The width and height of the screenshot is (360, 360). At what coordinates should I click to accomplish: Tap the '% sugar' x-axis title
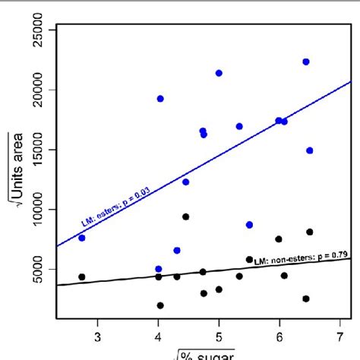(201, 354)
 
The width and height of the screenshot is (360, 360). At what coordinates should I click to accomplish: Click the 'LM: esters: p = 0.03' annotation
(116, 211)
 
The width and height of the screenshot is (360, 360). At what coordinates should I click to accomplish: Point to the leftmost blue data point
(82, 238)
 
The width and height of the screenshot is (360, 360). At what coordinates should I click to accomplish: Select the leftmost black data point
(82, 277)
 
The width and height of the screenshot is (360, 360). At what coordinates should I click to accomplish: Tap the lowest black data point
(160, 305)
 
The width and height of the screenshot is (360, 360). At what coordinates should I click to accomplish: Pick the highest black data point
(185, 216)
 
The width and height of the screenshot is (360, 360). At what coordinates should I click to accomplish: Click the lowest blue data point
(159, 269)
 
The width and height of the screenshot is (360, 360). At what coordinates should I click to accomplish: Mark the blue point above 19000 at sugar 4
(160, 99)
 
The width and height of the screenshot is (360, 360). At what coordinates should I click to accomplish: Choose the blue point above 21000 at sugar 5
(219, 73)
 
